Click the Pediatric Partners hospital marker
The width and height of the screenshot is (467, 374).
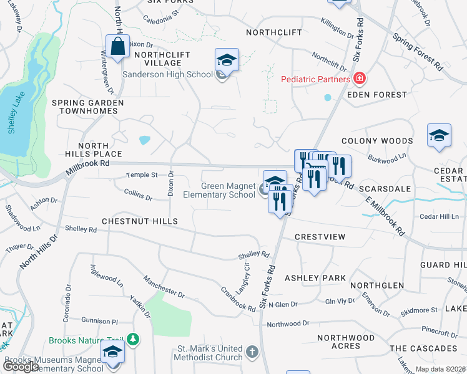pos(360,79)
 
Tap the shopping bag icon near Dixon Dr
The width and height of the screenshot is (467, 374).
pos(117,46)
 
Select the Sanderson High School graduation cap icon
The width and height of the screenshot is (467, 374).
pos(227,60)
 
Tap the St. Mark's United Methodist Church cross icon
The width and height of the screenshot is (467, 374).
pos(252,353)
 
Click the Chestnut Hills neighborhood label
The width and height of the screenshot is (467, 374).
pos(140,221)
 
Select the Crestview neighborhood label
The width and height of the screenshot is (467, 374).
pos(320,237)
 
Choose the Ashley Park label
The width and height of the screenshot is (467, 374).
pos(315,277)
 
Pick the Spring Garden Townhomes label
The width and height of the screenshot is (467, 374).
pos(88,107)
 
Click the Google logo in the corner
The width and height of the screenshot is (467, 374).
pos(21,367)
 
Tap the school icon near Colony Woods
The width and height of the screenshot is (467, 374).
pos(439,136)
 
